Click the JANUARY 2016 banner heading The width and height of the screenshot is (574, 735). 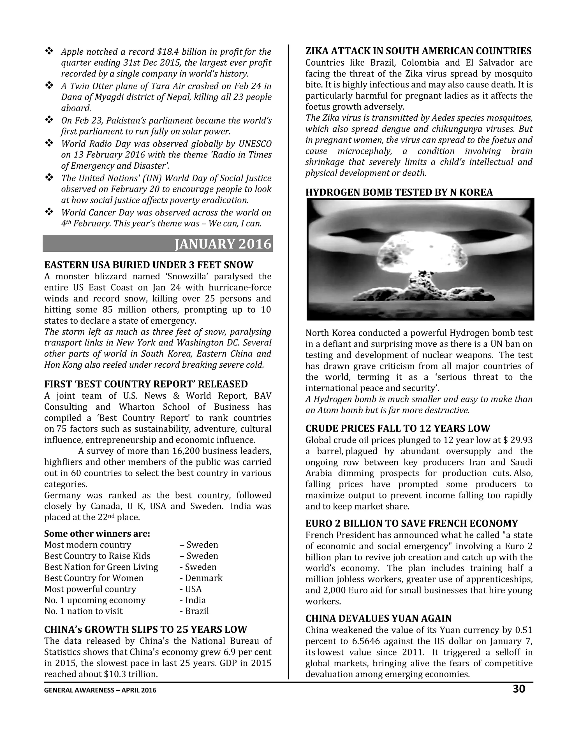[223, 244]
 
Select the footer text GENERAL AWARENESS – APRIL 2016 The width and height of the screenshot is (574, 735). [100, 690]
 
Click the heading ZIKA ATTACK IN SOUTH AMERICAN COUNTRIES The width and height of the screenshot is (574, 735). [418, 51]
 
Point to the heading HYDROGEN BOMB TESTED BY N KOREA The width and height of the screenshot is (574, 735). [399, 193]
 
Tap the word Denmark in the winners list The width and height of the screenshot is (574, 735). [204, 578]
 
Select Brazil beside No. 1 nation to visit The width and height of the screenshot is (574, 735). [197, 611]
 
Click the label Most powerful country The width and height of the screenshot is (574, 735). [90, 589]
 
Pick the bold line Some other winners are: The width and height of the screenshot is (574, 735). [97, 534]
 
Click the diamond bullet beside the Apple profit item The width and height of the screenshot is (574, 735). [49, 52]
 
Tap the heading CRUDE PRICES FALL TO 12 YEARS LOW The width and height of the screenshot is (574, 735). [398, 428]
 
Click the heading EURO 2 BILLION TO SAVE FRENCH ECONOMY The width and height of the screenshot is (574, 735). [411, 524]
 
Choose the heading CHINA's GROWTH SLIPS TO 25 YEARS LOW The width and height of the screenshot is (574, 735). [146, 630]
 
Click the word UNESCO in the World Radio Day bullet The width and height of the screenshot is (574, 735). [255, 144]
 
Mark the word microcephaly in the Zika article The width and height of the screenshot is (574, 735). [365, 151]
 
